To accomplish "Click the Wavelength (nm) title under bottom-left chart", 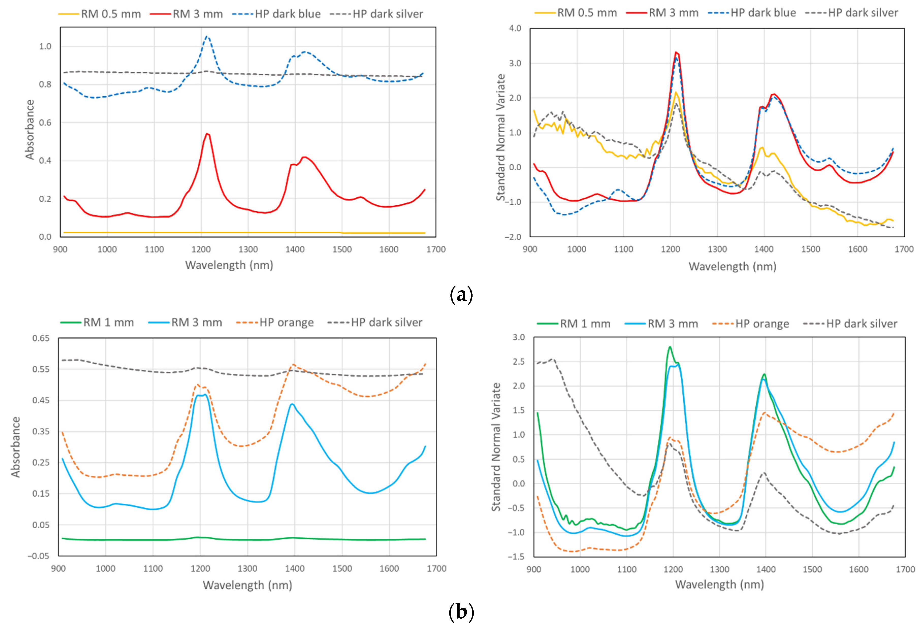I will [x=247, y=585].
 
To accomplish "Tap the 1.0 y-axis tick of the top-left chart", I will [x=45, y=46].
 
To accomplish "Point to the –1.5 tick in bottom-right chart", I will [x=516, y=556].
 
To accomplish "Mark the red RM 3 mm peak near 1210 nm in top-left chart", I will [x=207, y=134].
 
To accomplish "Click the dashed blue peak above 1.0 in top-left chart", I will [x=206, y=37].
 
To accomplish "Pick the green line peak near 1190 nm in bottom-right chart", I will [x=670, y=347].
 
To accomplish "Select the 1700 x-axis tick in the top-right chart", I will [x=904, y=249].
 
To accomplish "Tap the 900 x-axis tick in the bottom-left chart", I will [x=58, y=568].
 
